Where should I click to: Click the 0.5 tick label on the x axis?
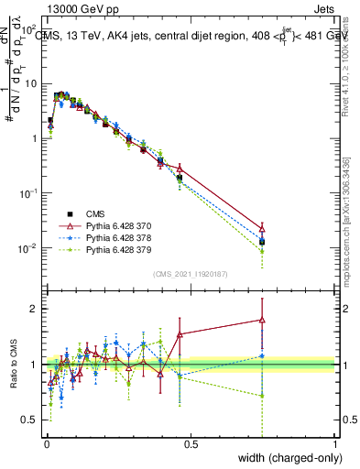(x=190, y=444)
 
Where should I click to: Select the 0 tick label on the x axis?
(x=47, y=444)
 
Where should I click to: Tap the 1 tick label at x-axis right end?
(x=335, y=444)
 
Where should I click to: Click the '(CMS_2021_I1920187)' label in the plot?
(x=190, y=274)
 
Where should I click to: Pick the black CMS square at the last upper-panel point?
(x=262, y=242)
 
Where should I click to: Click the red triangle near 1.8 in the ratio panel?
(x=262, y=320)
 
